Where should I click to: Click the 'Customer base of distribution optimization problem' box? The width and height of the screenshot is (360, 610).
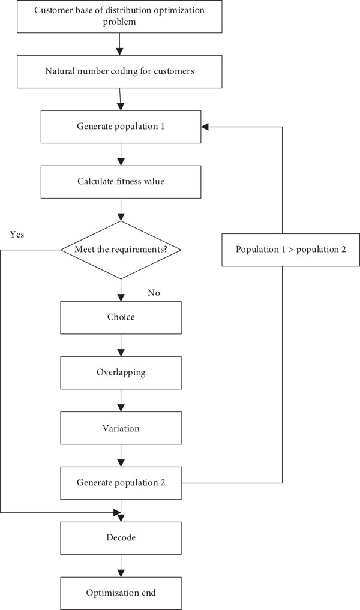(119, 16)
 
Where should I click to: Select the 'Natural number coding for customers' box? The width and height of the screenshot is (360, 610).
(119, 71)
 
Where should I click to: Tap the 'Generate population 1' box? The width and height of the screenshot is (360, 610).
(121, 127)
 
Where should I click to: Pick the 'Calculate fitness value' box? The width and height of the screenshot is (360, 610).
(121, 182)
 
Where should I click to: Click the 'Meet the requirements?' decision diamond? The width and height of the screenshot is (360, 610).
(121, 250)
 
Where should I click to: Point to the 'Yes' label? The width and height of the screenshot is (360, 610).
(17, 234)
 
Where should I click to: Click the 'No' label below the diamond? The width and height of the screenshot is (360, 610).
(154, 293)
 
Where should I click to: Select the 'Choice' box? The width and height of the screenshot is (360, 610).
(121, 317)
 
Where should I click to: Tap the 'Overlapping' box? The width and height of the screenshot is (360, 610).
(121, 372)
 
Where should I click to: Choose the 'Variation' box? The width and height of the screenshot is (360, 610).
(121, 428)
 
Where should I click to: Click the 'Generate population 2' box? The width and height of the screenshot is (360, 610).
(121, 483)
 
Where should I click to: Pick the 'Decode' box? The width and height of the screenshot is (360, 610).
(121, 538)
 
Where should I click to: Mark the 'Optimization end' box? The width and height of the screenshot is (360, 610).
(121, 593)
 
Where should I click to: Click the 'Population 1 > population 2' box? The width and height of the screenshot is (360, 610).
(291, 250)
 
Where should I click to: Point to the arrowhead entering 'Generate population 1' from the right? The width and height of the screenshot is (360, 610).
(205, 127)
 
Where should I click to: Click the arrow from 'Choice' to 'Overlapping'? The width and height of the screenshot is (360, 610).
(121, 345)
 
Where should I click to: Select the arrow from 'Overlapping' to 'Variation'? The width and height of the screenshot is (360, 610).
(121, 401)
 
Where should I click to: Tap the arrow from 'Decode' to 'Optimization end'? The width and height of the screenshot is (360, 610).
(121, 566)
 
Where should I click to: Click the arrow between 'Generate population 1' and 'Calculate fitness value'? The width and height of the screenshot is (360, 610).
(121, 154)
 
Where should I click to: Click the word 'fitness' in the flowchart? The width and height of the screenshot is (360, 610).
(121, 181)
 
